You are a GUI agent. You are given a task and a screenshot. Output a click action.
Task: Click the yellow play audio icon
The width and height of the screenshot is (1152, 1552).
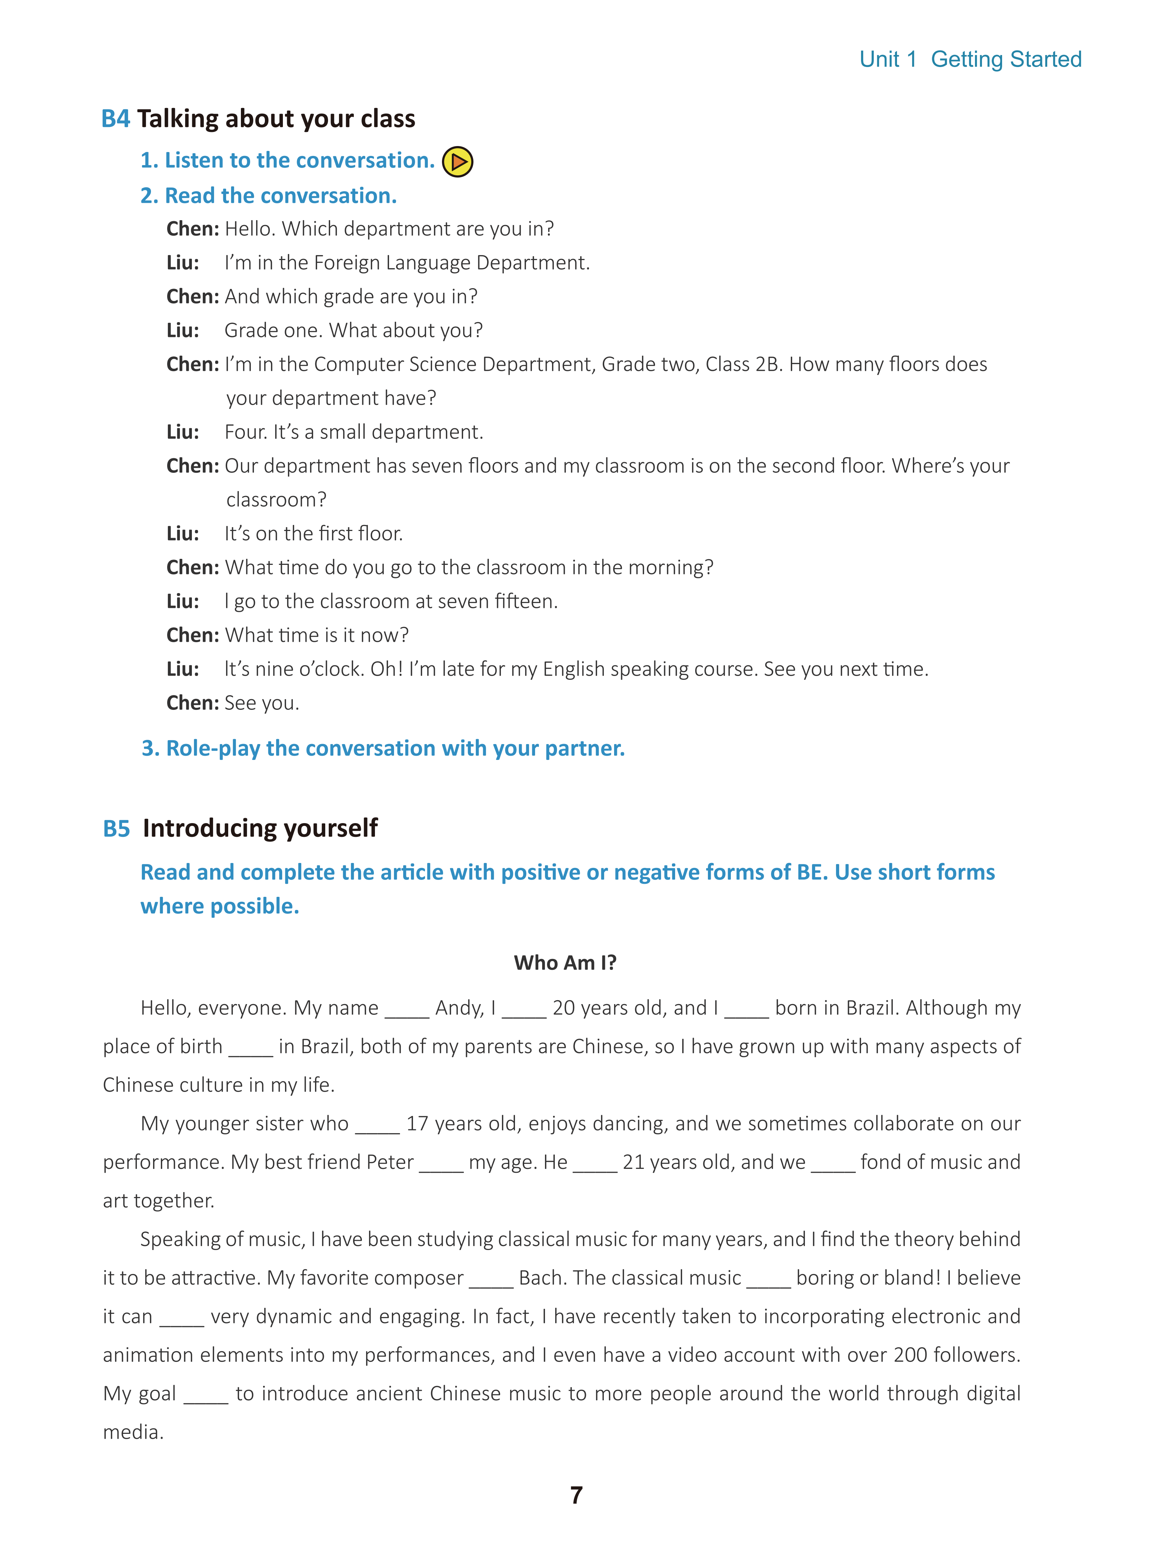coord(457,162)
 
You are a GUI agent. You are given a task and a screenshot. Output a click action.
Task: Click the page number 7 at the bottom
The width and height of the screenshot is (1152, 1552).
coord(576,1495)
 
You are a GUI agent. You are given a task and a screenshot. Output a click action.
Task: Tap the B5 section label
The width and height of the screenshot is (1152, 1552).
coord(116,829)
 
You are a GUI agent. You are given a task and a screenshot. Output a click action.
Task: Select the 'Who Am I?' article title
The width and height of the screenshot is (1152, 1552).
coord(565,962)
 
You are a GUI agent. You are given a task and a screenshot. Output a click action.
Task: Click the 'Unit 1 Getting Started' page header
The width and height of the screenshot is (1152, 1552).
coord(970,59)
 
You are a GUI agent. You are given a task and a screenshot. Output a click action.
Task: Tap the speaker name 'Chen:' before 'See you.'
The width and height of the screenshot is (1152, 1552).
coord(193,703)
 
